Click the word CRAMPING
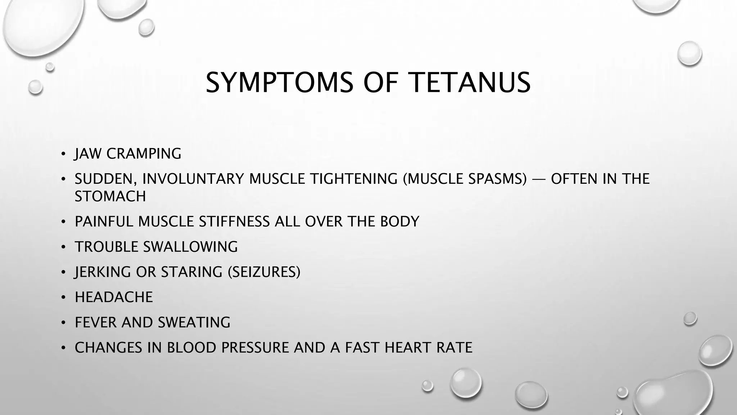pos(144,154)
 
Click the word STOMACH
pos(110,197)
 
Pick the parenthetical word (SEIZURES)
pos(264,272)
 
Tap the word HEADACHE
pos(114,297)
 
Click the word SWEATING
pos(194,322)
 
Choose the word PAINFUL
pos(104,222)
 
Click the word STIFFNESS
pos(234,222)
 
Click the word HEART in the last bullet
pos(408,348)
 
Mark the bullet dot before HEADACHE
pos(63,298)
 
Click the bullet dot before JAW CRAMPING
pos(63,154)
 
